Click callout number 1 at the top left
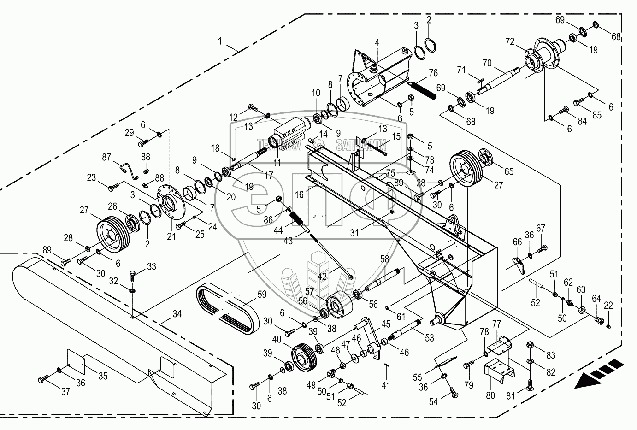221,41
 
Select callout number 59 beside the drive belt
262,293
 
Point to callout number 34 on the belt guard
177,314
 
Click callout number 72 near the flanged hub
510,42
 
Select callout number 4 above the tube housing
377,43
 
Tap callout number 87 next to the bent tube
107,158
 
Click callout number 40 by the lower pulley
277,339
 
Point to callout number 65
508,171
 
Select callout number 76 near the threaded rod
433,73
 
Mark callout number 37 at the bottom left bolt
66,392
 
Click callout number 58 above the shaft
384,259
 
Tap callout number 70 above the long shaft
487,62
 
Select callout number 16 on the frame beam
300,195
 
